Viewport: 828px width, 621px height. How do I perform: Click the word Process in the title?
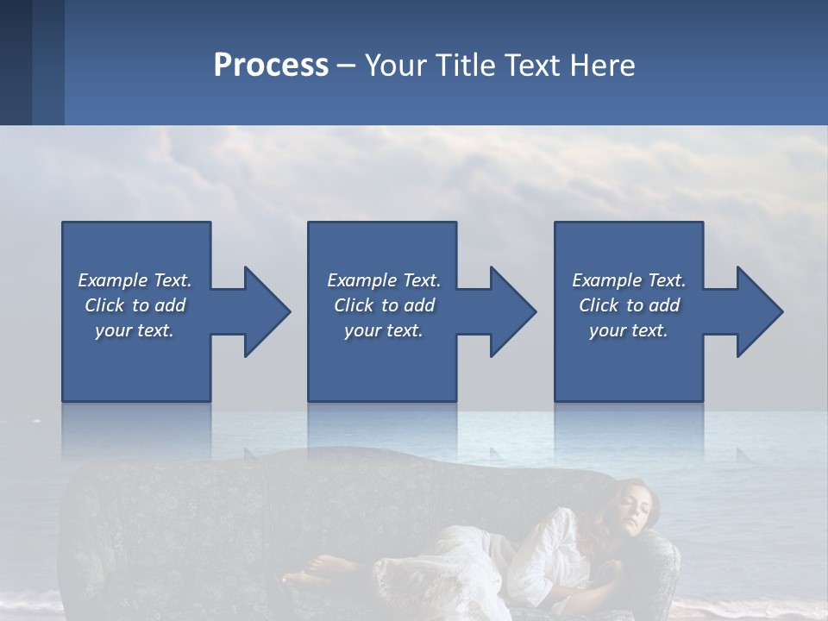[271, 66]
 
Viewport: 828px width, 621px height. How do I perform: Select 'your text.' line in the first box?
[135, 330]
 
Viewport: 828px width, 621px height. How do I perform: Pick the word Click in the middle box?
[353, 305]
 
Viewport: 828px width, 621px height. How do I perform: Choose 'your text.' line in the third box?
[629, 330]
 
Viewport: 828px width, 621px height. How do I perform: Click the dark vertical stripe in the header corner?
[16, 62]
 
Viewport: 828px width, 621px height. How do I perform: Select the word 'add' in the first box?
[170, 305]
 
